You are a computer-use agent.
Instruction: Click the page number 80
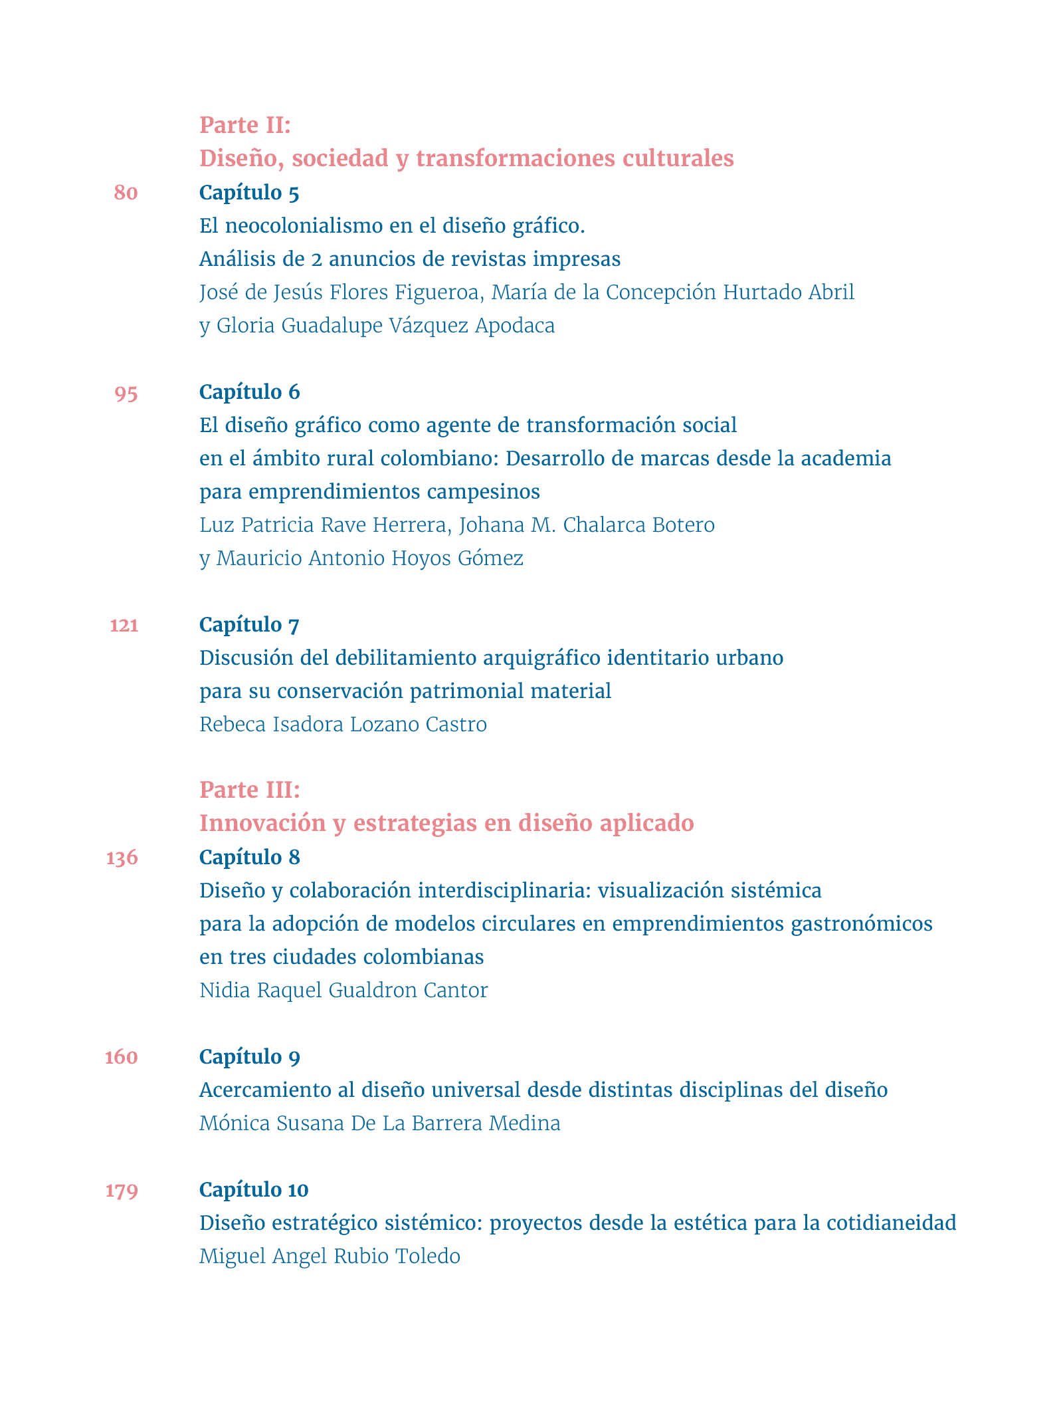pos(126,193)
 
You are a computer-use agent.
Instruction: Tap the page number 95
pos(126,393)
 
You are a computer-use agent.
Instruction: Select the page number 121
pos(124,625)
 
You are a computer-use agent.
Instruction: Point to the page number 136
pos(122,858)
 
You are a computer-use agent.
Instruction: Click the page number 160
pos(122,1057)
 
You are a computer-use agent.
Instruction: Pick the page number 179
pos(122,1190)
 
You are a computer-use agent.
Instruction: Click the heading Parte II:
pos(245,125)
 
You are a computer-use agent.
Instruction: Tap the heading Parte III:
pos(250,790)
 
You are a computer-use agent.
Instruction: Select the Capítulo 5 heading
pos(249,193)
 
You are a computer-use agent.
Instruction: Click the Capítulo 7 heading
pos(249,625)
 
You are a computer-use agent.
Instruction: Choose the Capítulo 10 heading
pos(254,1190)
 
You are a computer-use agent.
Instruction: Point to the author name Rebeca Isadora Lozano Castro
pos(343,724)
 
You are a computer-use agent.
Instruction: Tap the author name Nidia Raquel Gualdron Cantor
pos(343,990)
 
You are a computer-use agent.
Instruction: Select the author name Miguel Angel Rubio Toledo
pos(330,1256)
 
